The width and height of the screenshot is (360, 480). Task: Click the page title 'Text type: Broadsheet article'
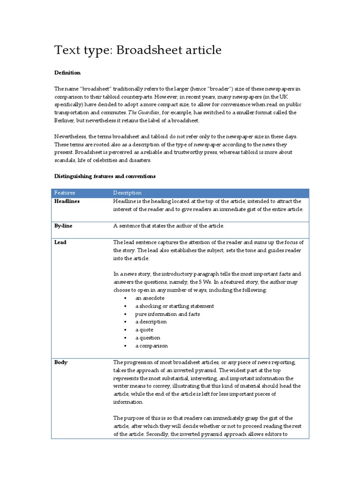tap(138, 50)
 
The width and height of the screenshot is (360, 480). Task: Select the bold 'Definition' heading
tap(67, 73)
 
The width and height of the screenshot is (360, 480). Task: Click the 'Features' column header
tap(65, 193)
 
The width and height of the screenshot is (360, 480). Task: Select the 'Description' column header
tap(127, 193)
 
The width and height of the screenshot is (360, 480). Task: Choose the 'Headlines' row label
tap(67, 201)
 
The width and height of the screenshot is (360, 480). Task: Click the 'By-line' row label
tap(63, 225)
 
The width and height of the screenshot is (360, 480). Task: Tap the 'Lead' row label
tap(60, 242)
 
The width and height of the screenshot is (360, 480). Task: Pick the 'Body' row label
tap(60, 362)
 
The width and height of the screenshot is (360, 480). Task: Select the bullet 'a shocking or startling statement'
tap(174, 306)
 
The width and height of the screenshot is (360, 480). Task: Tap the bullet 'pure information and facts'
tap(167, 314)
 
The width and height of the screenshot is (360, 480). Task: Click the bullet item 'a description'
tap(151, 322)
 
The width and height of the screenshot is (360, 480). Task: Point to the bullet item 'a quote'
tap(145, 330)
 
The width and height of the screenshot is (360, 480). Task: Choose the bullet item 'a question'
tap(148, 338)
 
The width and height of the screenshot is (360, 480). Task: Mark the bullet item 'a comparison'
tap(151, 346)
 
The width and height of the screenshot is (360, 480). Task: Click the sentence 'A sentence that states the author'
tap(169, 225)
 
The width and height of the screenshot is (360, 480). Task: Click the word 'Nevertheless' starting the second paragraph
tap(70, 136)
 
